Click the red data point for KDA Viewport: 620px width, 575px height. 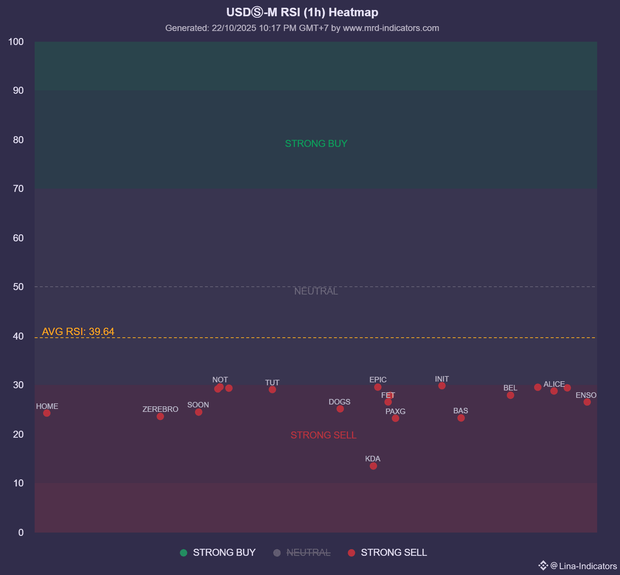(373, 466)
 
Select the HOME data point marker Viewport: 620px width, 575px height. (47, 413)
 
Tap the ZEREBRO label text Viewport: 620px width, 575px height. (160, 409)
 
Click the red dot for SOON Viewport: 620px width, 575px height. (198, 412)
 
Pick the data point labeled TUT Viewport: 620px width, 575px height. (272, 389)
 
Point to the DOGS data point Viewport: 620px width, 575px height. (340, 409)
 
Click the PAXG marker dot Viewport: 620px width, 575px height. (395, 418)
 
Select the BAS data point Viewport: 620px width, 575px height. (461, 418)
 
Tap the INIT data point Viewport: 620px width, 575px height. (442, 386)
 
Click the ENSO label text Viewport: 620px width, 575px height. (586, 395)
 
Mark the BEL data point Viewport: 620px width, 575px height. (510, 395)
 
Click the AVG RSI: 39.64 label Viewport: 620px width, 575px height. (78, 331)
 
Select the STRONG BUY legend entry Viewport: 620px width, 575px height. (218, 552)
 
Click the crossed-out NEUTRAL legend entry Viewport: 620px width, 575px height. (302, 552)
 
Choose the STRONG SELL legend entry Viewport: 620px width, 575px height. (387, 552)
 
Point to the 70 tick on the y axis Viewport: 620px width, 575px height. (18, 189)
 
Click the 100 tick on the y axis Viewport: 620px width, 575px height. (16, 42)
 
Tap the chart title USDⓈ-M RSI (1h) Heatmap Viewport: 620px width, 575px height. (302, 12)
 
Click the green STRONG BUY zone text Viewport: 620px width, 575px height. (316, 143)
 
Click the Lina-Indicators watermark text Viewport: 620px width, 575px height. (588, 566)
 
